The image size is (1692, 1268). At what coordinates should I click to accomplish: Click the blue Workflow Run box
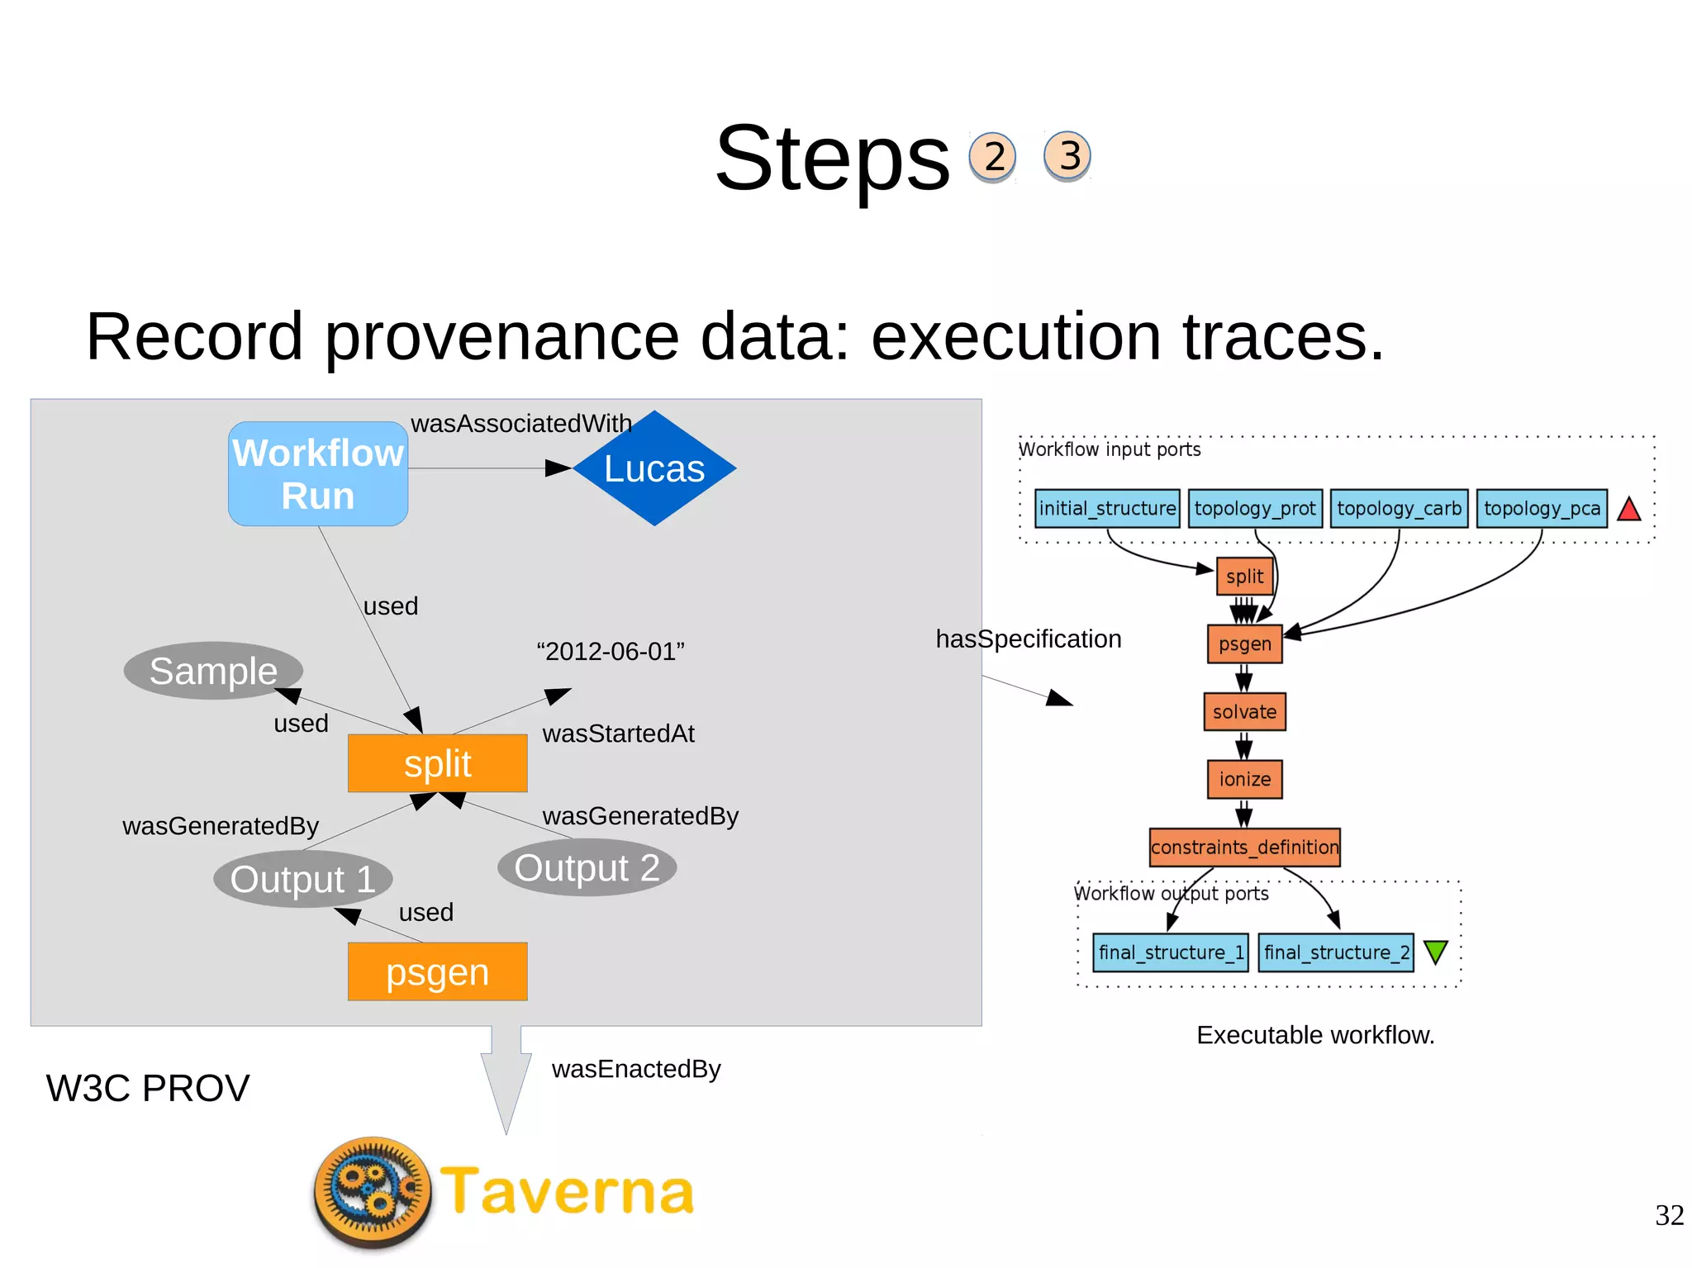[317, 473]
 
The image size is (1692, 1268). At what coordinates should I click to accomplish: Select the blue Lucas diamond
[654, 468]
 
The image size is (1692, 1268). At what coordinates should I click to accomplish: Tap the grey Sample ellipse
[213, 670]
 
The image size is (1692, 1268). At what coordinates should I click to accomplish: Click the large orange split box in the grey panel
[437, 763]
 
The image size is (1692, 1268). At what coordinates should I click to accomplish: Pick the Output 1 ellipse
[302, 878]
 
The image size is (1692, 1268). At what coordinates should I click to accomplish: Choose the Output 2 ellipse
[587, 867]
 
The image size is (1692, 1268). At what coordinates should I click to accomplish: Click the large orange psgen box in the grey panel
[437, 971]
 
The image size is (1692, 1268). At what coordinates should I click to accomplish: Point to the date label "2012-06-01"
[611, 651]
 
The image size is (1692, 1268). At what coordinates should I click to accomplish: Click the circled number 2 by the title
[992, 156]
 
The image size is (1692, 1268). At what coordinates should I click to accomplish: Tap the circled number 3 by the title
[1067, 155]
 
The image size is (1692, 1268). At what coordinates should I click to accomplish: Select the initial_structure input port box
[1107, 508]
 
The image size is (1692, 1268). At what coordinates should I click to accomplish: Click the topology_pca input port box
[1541, 508]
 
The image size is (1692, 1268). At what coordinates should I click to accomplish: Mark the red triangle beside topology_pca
[1628, 510]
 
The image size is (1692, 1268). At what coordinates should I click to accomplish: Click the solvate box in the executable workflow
[1244, 711]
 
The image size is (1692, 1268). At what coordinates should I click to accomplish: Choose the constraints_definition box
[1244, 847]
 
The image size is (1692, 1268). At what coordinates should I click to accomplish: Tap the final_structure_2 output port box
[1335, 952]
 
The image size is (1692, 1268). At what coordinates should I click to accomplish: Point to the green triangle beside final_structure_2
[1436, 952]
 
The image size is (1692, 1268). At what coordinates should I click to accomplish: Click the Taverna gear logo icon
[373, 1190]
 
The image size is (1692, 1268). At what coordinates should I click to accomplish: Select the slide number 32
[1669, 1215]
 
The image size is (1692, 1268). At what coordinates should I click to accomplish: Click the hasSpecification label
[1028, 639]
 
